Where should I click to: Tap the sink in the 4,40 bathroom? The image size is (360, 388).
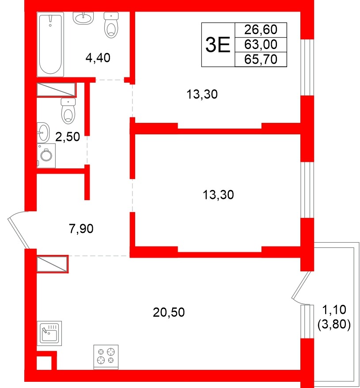click(84, 18)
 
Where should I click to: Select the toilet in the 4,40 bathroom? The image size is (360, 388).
click(112, 25)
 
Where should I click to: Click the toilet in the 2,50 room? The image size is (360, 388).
click(68, 110)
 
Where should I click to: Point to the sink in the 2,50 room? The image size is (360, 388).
click(43, 131)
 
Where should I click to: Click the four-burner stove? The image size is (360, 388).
click(106, 356)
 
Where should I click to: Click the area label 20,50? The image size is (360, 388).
click(168, 312)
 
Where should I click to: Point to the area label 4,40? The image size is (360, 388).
click(98, 57)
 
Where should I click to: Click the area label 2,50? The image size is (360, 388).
click(67, 137)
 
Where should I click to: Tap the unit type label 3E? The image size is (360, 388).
click(218, 45)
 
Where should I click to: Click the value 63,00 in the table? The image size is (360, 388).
click(261, 44)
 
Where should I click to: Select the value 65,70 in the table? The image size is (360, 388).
click(261, 59)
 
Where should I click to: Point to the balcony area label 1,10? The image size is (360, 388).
click(333, 310)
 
